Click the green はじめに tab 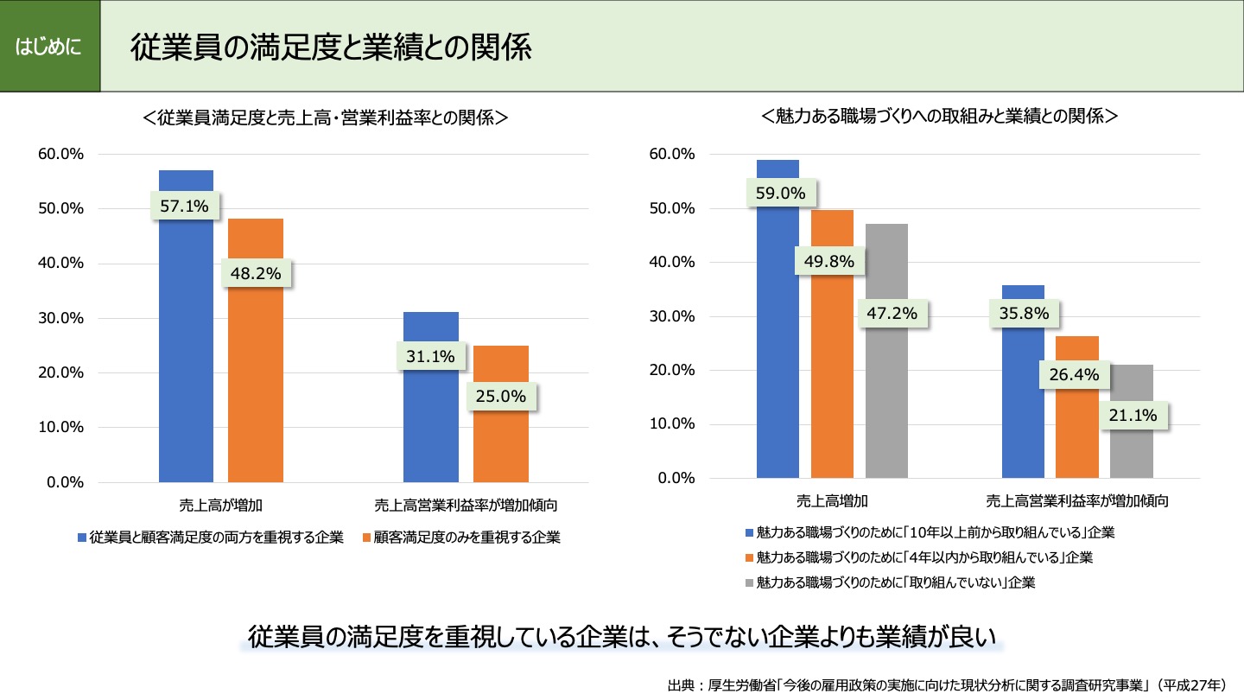[x=49, y=46]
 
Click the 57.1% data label [x=186, y=207]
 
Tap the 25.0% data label [x=501, y=397]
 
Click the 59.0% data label [x=781, y=194]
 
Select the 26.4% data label [x=1074, y=374]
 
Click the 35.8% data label [x=1024, y=314]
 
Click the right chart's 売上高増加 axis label [x=832, y=500]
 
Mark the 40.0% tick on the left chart [x=60, y=264]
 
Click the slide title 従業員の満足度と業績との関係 [x=331, y=48]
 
